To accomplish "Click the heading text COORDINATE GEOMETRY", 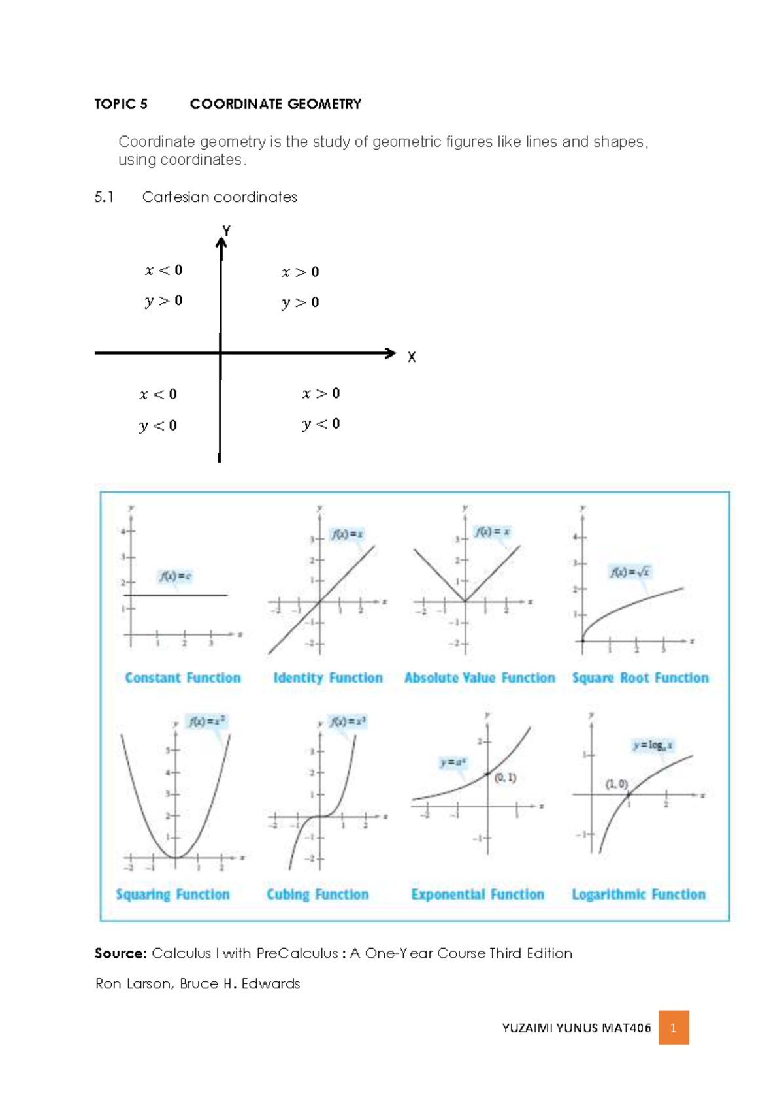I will point(275,104).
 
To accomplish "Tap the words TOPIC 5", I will point(121,104).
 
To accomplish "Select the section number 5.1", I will point(104,197).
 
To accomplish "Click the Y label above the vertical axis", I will point(226,231).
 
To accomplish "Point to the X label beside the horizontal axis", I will point(412,357).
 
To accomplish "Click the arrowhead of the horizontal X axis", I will point(391,353).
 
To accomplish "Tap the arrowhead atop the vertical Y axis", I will point(221,243).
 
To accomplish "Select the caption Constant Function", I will point(183,678).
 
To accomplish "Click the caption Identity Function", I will point(328,678).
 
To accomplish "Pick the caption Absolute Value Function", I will point(480,678).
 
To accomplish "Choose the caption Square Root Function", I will point(640,678).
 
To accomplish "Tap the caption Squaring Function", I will point(172,894).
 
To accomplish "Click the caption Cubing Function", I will point(318,894).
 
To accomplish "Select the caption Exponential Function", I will point(478,894).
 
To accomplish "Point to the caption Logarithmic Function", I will point(638,894).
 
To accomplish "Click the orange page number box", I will point(674,1028).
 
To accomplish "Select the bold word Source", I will point(120,953).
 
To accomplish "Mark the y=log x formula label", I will point(652,745).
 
